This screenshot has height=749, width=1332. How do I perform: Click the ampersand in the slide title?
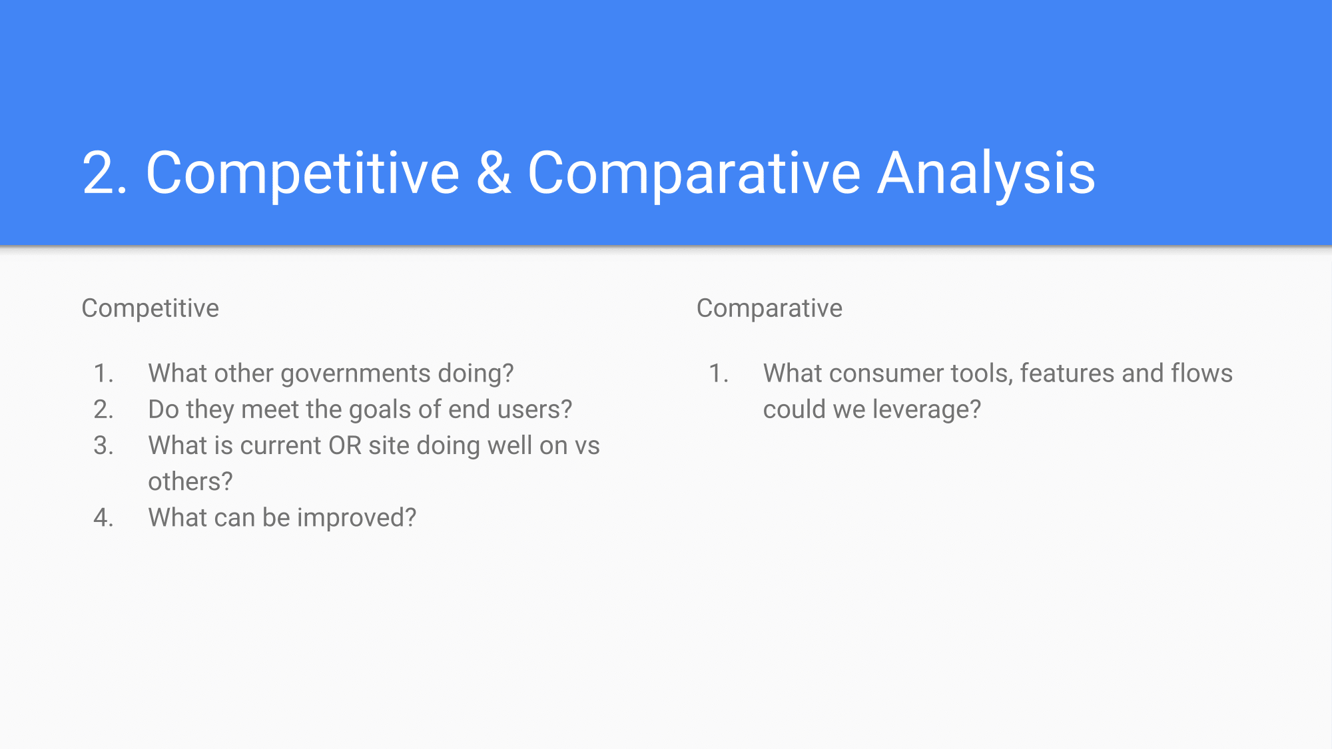[494, 172]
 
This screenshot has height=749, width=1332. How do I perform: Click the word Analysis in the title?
[986, 174]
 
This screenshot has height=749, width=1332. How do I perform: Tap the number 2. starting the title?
[105, 173]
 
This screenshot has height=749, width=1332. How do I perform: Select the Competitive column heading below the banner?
[150, 308]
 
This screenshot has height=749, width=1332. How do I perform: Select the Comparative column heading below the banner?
[769, 308]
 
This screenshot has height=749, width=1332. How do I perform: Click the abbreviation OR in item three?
[344, 445]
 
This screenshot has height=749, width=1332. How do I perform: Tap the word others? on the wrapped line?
[190, 481]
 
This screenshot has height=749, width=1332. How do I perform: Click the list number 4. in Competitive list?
[104, 517]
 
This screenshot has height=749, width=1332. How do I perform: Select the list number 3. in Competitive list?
[104, 445]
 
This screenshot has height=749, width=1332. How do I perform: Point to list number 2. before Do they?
[104, 409]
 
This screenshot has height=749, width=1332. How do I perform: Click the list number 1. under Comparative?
[719, 374]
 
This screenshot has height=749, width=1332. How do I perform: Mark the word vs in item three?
[587, 446]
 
